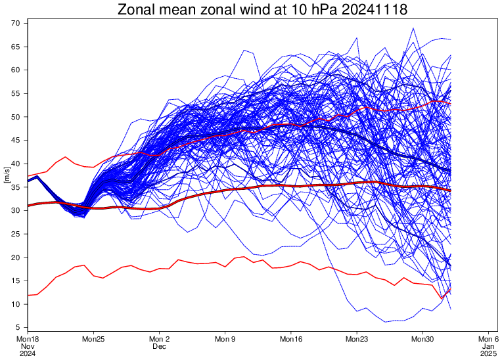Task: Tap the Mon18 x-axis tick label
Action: (28, 339)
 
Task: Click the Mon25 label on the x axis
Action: (94, 339)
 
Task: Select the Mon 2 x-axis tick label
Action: (160, 339)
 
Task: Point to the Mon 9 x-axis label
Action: (225, 339)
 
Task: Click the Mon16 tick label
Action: (291, 339)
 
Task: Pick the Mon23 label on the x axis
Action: (357, 339)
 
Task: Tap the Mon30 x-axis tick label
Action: (422, 339)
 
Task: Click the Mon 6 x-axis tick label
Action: (488, 339)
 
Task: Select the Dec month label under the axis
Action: (160, 346)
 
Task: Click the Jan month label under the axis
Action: (488, 346)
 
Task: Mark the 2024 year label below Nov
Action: (28, 353)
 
